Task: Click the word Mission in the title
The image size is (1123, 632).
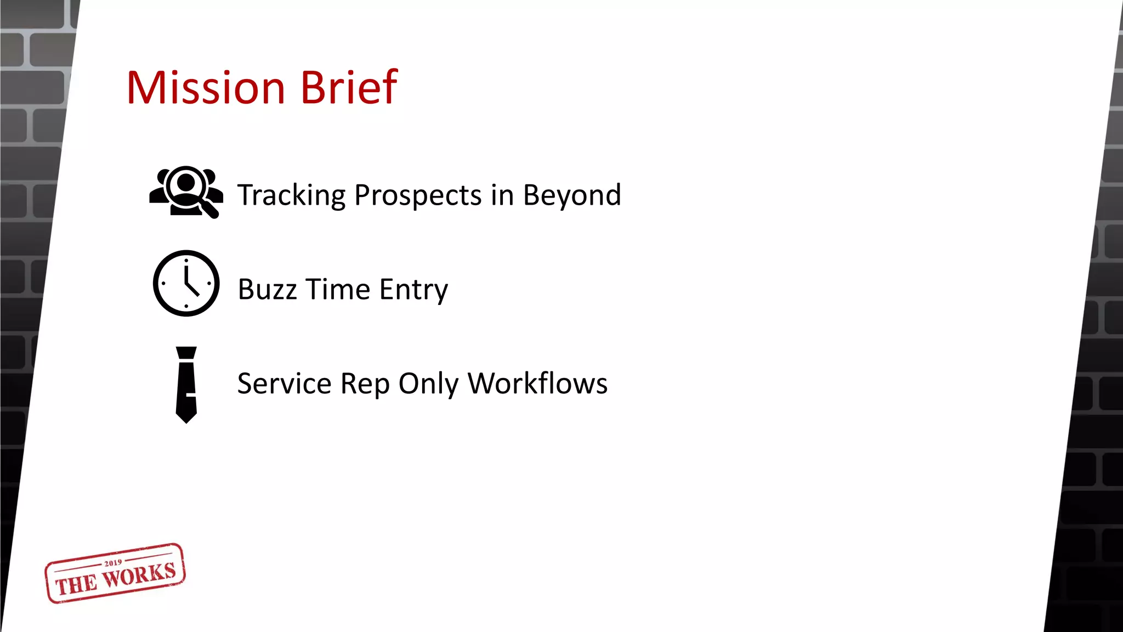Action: (x=206, y=88)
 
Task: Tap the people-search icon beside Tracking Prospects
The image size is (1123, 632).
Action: (x=186, y=192)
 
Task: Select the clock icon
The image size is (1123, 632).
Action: (x=186, y=283)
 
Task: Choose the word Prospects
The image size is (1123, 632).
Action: (x=418, y=196)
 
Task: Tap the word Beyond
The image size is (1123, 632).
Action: (x=572, y=195)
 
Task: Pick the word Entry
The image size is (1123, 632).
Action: (x=413, y=290)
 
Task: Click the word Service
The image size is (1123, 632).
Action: (x=284, y=383)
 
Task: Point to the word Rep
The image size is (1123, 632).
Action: (x=365, y=384)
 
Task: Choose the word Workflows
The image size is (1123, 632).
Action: (x=537, y=383)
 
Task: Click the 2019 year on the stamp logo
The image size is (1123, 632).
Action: (x=113, y=563)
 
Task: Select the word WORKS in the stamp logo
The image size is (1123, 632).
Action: (x=139, y=575)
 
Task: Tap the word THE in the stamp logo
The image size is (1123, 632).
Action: (x=76, y=585)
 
